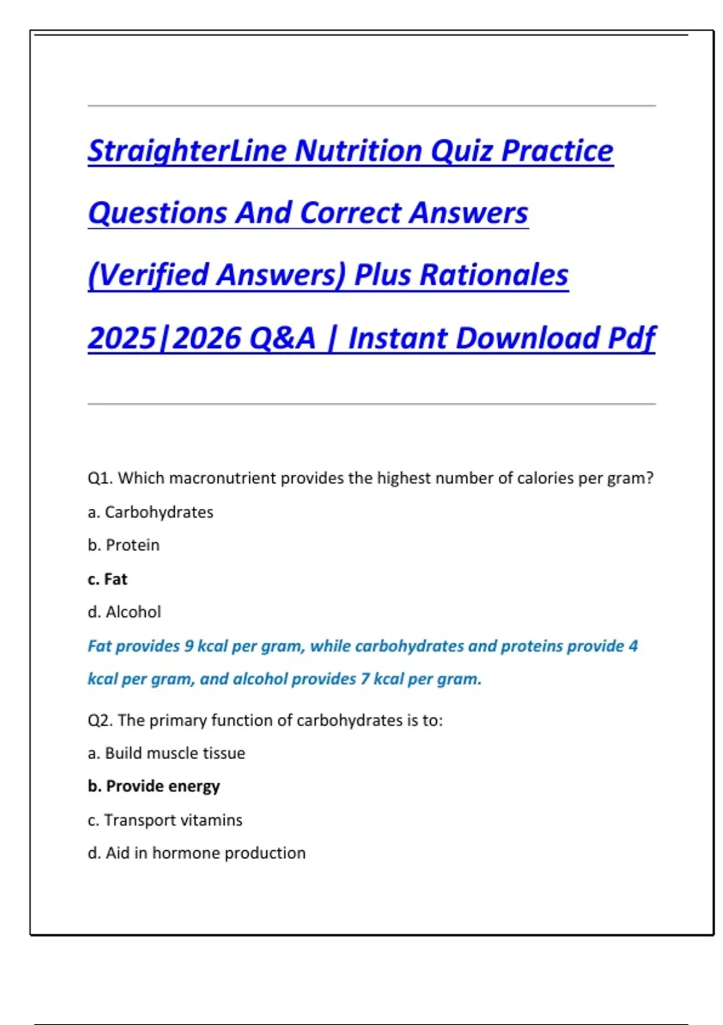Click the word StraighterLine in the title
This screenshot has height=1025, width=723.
[x=187, y=151]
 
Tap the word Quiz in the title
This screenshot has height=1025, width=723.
[x=461, y=151]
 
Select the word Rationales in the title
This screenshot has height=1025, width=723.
[x=493, y=275]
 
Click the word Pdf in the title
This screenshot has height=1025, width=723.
[x=631, y=338]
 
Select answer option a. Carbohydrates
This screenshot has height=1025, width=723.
[x=151, y=512]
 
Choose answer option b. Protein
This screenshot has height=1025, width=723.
[x=124, y=545]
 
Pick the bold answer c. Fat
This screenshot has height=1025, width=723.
[x=107, y=579]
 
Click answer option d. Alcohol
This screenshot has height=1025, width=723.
[x=124, y=612]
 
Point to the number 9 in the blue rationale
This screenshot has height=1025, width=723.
[x=189, y=646]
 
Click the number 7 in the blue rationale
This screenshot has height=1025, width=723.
[x=365, y=679]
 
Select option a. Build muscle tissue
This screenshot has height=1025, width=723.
[x=166, y=753]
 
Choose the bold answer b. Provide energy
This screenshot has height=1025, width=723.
[x=154, y=786]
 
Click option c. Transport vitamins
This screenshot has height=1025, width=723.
[x=164, y=820]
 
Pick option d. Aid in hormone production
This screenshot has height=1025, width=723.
[x=196, y=853]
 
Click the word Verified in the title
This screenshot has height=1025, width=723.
[x=154, y=275]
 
